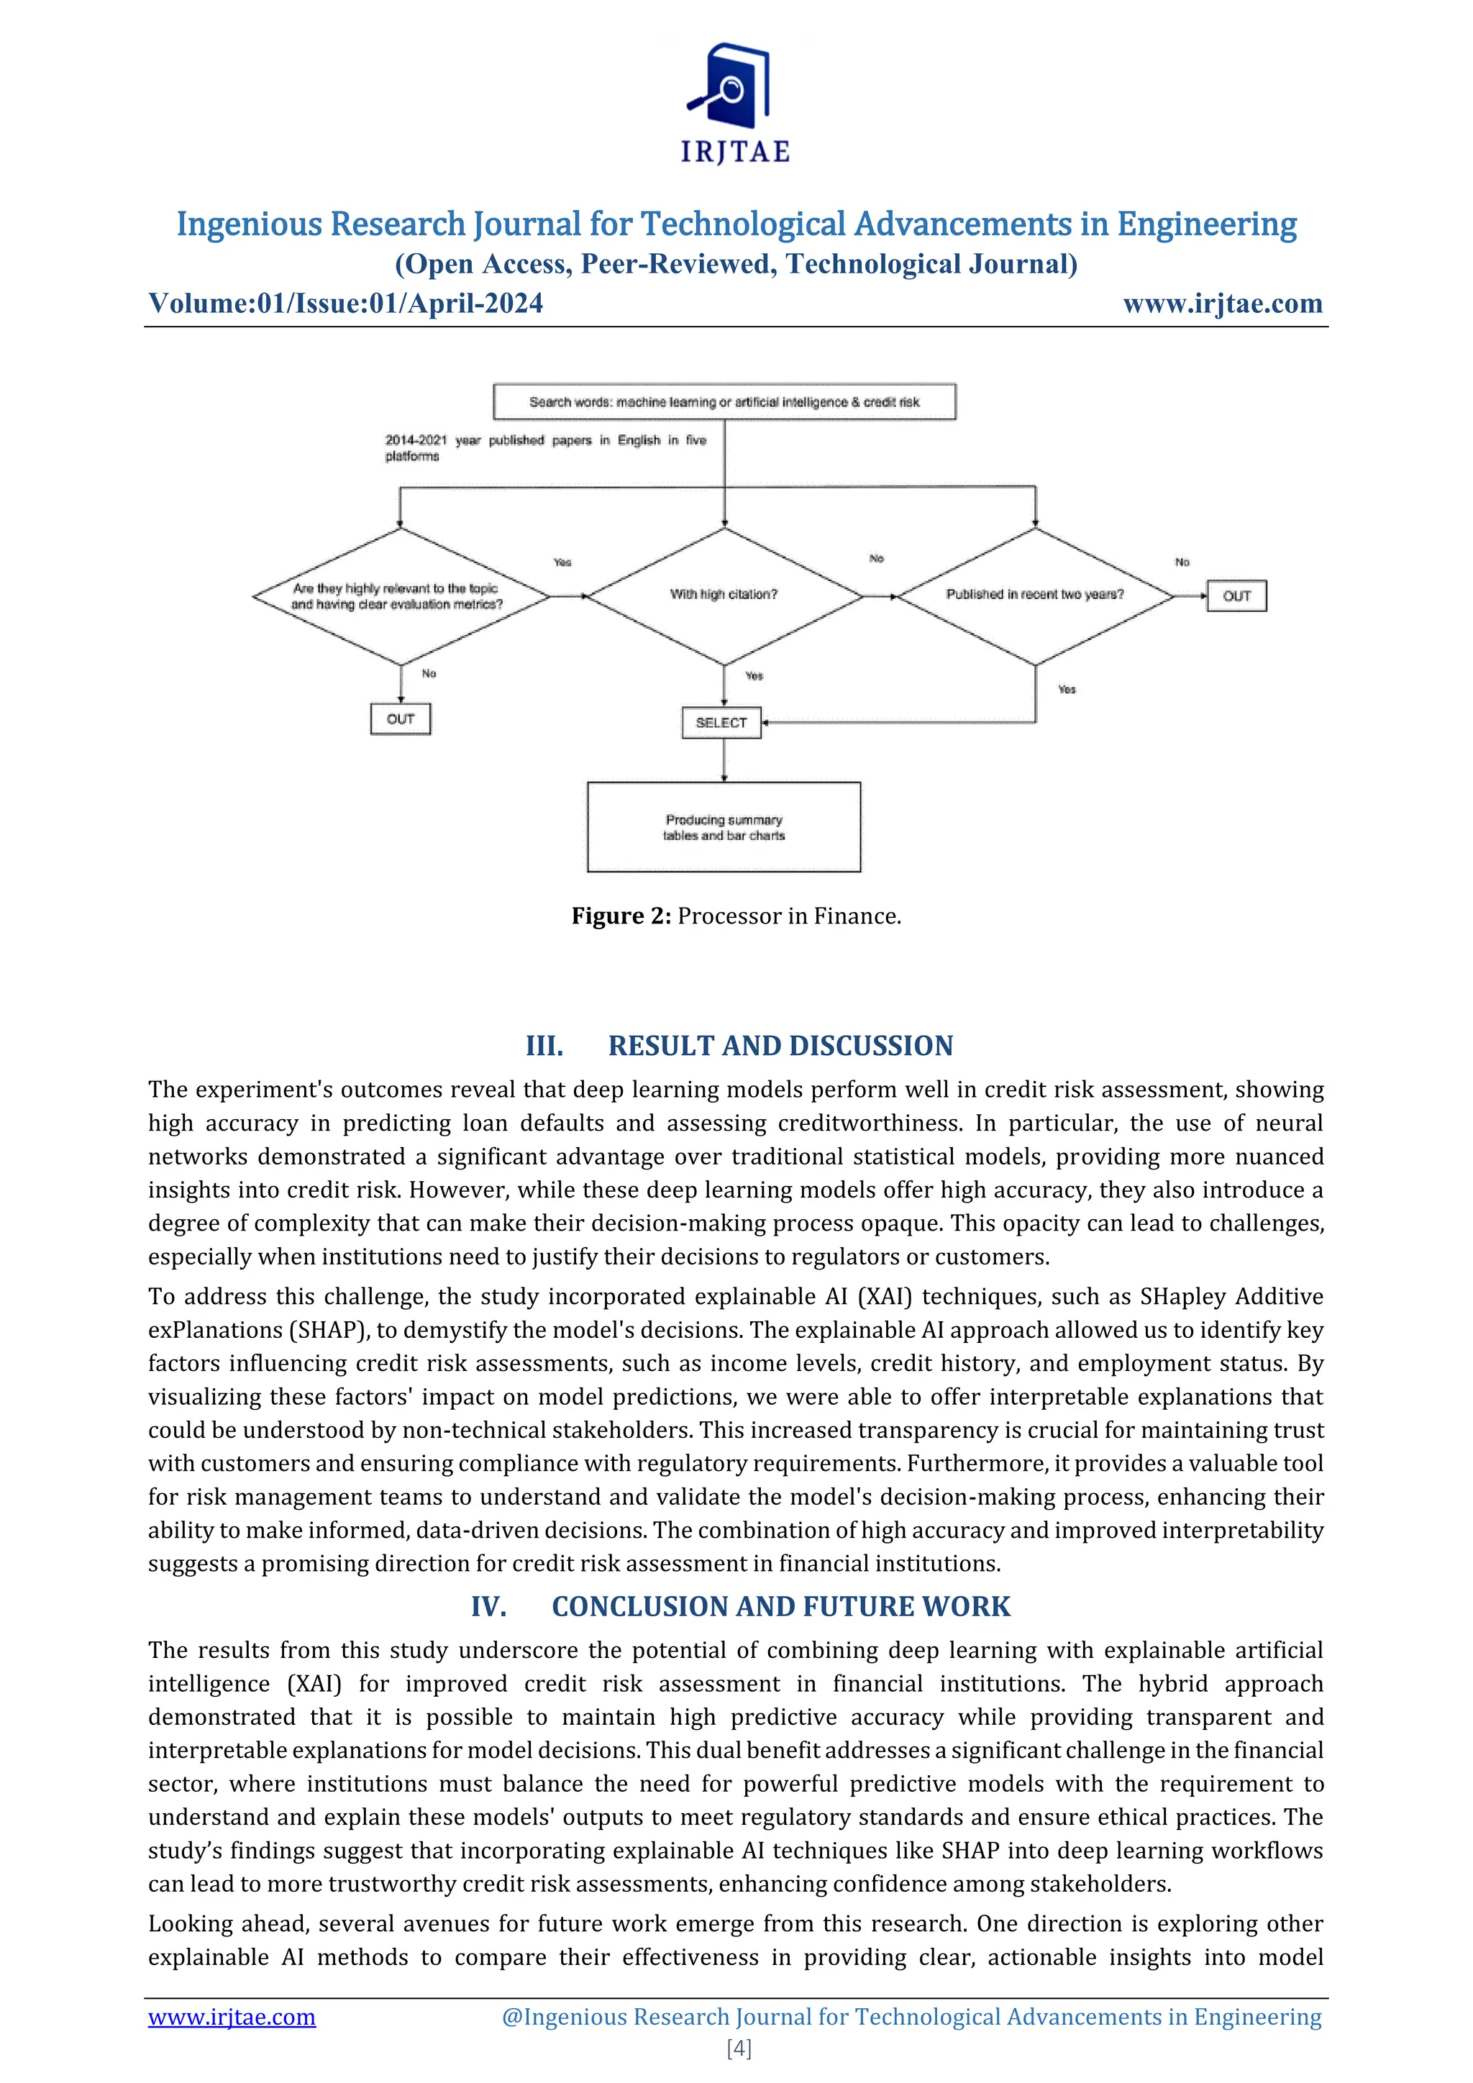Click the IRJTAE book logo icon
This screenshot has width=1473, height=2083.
[x=731, y=86]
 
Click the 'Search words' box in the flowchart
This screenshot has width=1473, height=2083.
[x=724, y=402]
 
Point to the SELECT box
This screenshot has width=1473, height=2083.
[x=721, y=723]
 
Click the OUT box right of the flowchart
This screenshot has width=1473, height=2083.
[x=1236, y=596]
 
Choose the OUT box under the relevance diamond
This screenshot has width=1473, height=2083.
[x=400, y=719]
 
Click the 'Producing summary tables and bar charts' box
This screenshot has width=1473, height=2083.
[x=724, y=827]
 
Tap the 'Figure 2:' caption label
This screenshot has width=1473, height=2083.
[x=621, y=916]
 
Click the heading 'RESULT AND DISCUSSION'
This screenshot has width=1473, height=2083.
[x=780, y=1046]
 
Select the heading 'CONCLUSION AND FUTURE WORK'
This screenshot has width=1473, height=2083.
[x=780, y=1607]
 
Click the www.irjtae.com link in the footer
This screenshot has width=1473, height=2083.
[x=232, y=2017]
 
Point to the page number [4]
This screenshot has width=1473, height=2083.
[x=739, y=2048]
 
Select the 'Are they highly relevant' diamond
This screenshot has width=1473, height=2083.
[x=400, y=596]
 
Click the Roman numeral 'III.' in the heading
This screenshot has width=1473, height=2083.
[x=544, y=1046]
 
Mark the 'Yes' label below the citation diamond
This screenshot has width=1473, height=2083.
[x=754, y=676]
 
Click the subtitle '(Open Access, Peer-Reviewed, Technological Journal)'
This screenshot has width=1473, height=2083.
[x=736, y=264]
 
